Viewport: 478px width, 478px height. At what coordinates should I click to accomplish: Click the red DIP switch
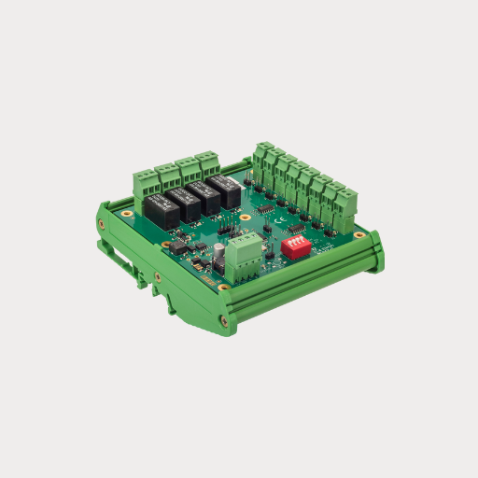tap(294, 245)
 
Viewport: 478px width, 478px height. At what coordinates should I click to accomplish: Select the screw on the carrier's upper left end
tap(101, 223)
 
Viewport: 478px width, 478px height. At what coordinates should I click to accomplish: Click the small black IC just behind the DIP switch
tap(295, 228)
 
